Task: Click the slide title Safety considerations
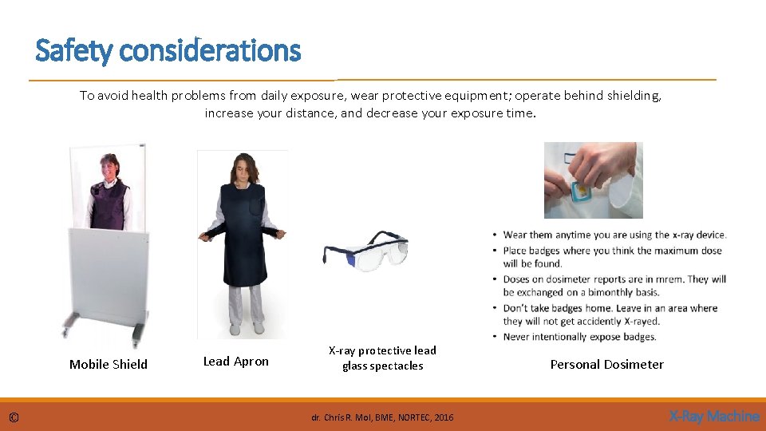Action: click(x=168, y=51)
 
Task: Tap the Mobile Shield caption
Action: click(x=109, y=365)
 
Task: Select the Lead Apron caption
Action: click(x=236, y=362)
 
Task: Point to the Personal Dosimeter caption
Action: click(x=606, y=365)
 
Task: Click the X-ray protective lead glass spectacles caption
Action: click(x=382, y=358)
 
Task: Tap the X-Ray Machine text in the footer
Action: click(x=713, y=416)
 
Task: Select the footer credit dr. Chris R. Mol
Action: click(x=382, y=417)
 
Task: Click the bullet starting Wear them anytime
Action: click(x=614, y=235)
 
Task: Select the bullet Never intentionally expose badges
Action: click(x=579, y=337)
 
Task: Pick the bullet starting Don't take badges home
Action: click(x=610, y=314)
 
